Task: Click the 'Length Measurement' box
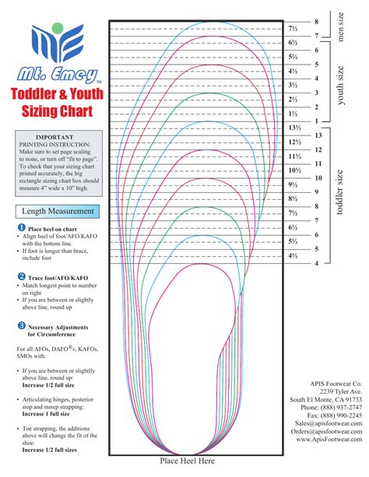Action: pyautogui.click(x=58, y=211)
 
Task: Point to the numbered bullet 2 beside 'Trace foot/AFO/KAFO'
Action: pyautogui.click(x=21, y=276)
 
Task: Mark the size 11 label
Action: pyautogui.click(x=318, y=164)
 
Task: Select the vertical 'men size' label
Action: pyautogui.click(x=340, y=27)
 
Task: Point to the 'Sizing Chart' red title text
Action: pyautogui.click(x=58, y=109)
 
